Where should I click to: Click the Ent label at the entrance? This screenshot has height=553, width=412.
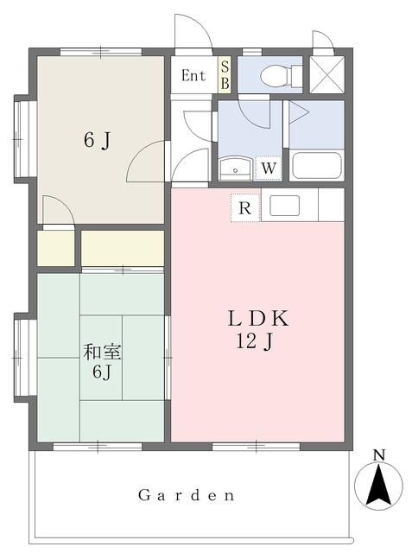193,75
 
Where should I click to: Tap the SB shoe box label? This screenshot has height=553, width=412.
225,75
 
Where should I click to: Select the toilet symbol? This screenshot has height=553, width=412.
281,75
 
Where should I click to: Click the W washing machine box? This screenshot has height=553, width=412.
269,168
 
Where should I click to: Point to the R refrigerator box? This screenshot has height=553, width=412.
245,207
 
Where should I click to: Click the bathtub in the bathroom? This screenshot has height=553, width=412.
317,165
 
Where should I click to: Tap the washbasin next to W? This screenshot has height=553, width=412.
235,168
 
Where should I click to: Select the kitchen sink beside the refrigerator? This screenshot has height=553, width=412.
284,206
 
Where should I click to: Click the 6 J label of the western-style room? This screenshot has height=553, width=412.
98,140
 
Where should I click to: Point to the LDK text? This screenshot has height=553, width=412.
258,318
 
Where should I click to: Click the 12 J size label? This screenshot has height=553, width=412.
255,341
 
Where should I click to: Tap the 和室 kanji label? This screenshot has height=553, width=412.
102,352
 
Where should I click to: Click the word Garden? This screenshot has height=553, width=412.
186,495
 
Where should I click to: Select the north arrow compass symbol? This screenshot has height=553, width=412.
378,486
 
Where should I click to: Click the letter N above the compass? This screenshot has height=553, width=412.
379,455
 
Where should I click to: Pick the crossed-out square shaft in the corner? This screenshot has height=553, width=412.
326,75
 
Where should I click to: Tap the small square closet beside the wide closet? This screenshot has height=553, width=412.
55,248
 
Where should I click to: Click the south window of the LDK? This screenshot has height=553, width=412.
257,447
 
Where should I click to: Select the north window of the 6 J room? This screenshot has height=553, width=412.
101,52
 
